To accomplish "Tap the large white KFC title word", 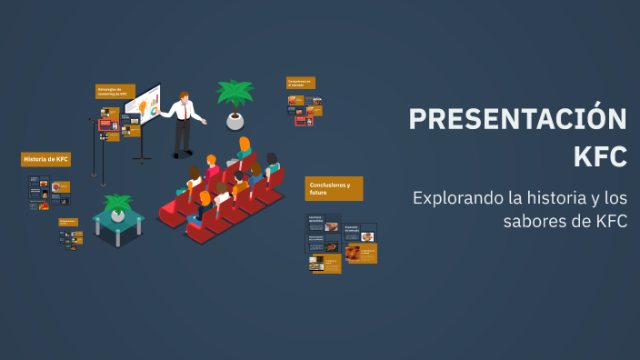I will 600,156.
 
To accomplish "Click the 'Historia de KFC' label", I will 45,159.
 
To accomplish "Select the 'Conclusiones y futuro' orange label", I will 333,187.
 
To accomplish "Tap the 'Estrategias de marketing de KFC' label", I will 115,91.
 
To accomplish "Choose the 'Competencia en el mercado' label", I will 300,82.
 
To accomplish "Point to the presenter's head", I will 185,97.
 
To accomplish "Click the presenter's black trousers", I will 183,136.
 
